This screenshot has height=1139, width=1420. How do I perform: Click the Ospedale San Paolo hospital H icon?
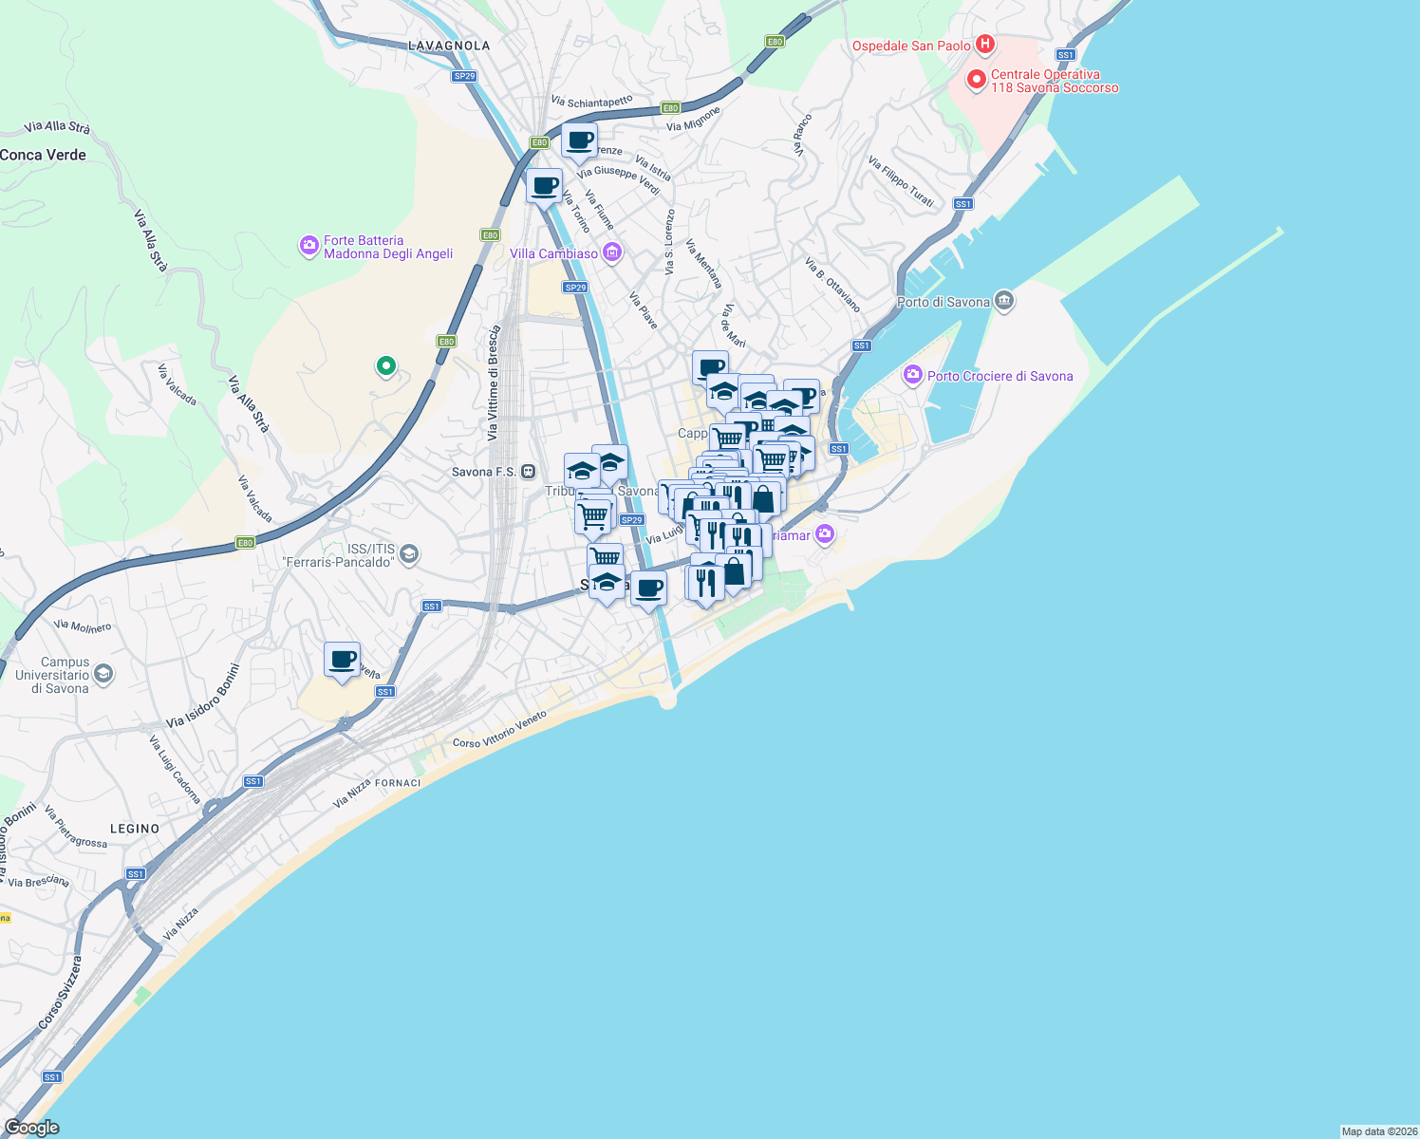click(985, 45)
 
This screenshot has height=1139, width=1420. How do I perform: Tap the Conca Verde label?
click(44, 155)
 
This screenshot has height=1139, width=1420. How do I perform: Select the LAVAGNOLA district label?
click(449, 46)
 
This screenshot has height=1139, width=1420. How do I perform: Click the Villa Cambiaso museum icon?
click(613, 252)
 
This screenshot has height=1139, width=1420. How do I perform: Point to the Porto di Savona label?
click(944, 302)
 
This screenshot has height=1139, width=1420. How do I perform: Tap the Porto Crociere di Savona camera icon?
click(913, 375)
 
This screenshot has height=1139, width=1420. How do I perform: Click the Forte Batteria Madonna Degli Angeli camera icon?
click(308, 247)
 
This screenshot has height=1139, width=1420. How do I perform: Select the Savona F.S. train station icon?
click(529, 472)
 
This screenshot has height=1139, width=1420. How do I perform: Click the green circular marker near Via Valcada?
click(385, 365)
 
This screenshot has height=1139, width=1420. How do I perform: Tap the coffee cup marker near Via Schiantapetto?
click(579, 141)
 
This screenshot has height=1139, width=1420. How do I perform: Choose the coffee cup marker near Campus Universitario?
click(343, 659)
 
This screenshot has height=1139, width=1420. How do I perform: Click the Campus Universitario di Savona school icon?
click(103, 675)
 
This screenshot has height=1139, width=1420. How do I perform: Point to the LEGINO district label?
click(135, 829)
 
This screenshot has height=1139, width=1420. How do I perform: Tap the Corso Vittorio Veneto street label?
click(499, 729)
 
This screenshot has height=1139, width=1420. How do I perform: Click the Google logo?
click(31, 1128)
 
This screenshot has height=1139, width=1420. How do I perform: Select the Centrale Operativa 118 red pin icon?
click(976, 80)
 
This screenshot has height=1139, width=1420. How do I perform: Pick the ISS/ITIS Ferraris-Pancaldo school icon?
click(409, 554)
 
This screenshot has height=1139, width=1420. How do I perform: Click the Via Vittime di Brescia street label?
click(493, 383)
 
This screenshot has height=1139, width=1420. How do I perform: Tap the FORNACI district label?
click(398, 783)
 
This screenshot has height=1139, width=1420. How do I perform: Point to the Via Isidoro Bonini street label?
click(203, 696)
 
